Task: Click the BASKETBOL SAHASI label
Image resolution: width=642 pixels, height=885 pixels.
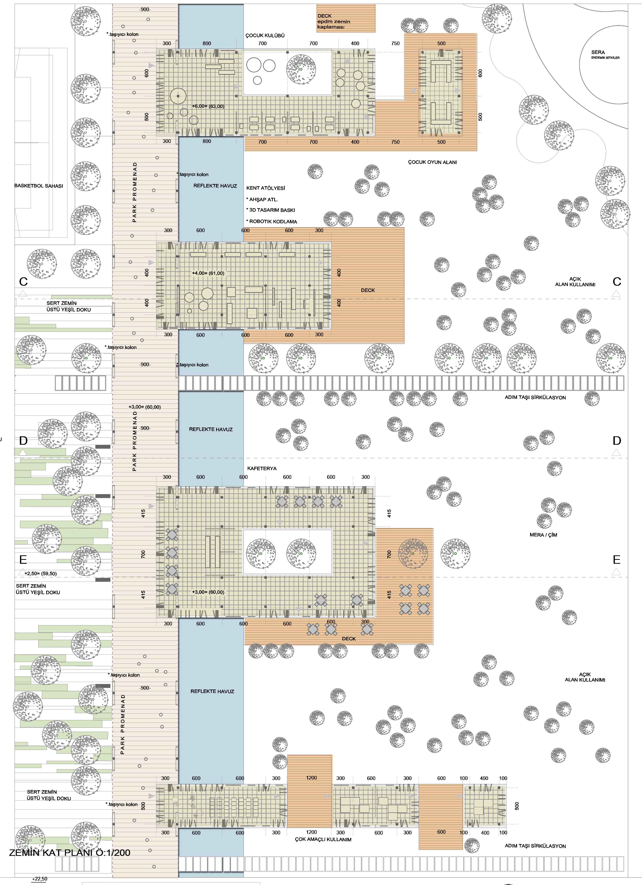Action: (x=39, y=186)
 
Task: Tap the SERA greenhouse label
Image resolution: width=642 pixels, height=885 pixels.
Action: (x=598, y=52)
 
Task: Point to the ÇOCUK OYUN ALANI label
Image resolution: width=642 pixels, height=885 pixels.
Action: (x=433, y=162)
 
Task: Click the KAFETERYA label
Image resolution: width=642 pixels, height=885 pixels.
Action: (x=262, y=468)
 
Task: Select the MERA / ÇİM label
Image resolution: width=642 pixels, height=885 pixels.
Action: (x=543, y=535)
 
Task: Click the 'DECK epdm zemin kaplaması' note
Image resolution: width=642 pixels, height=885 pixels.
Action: (x=334, y=21)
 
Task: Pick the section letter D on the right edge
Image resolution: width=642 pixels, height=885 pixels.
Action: (x=617, y=441)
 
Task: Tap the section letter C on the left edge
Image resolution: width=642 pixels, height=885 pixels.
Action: (x=23, y=281)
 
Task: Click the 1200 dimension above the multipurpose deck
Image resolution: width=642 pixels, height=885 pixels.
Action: (x=311, y=778)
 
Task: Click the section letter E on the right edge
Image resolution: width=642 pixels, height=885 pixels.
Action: (x=617, y=560)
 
